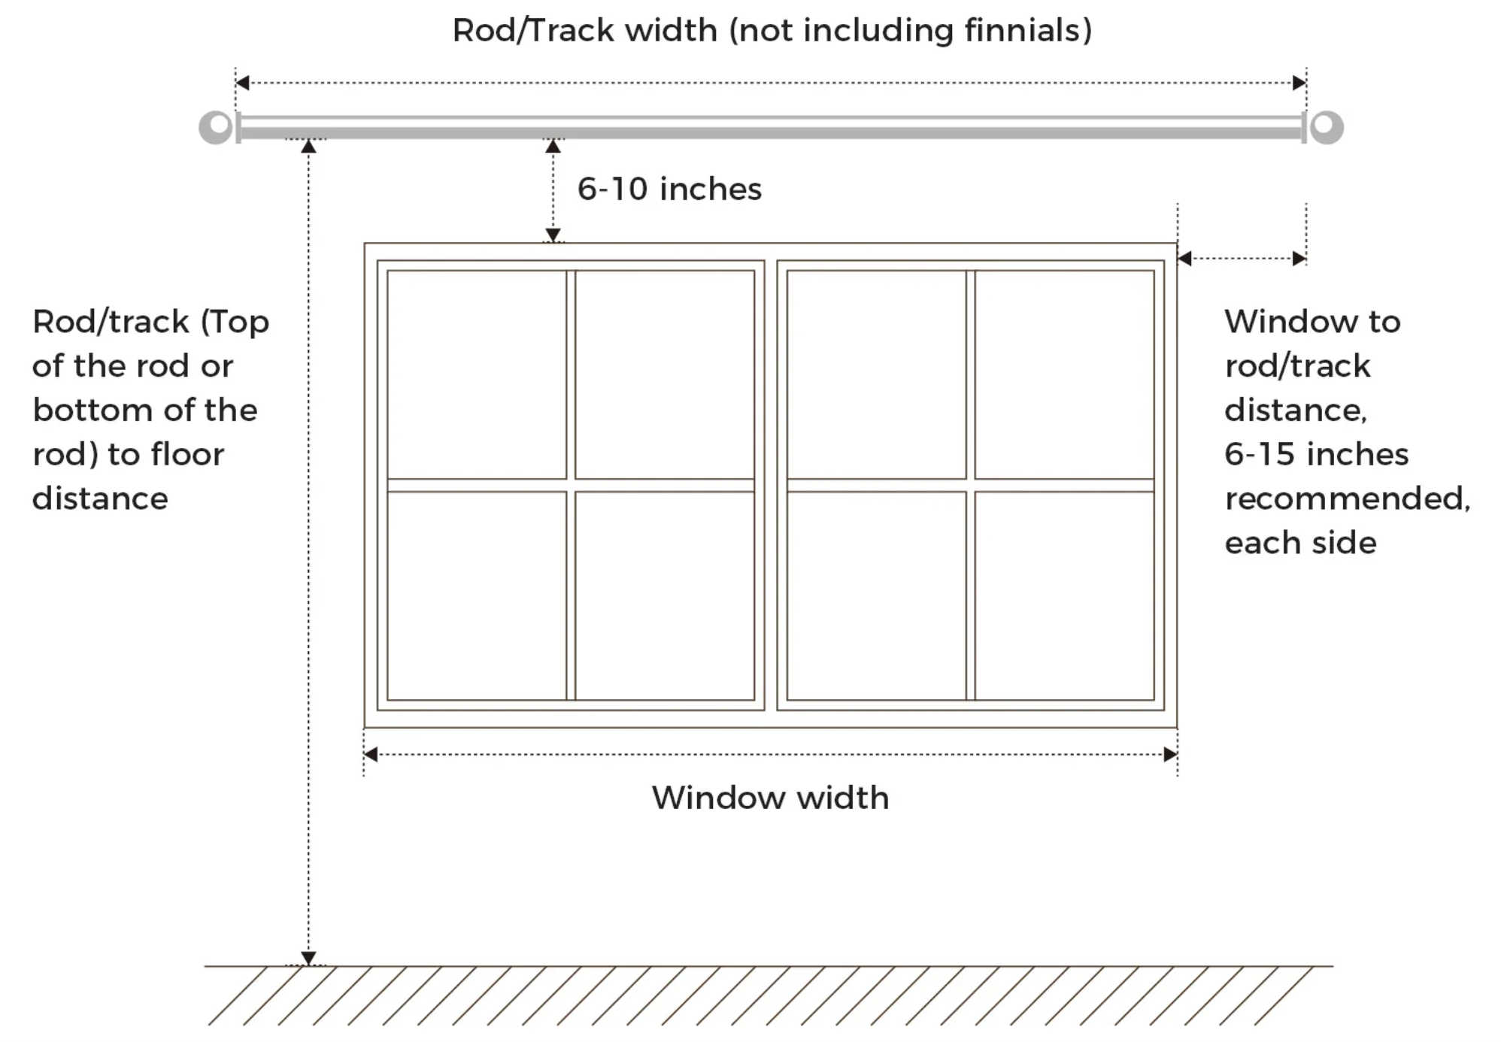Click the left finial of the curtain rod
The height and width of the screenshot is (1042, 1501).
click(x=216, y=127)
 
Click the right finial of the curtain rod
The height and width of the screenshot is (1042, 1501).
click(x=1326, y=127)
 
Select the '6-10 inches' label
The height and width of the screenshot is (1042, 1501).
click(x=669, y=189)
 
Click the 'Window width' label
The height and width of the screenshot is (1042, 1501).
click(x=770, y=798)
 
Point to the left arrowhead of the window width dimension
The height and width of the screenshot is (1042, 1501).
click(x=371, y=754)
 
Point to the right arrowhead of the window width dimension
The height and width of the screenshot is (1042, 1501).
click(x=1170, y=754)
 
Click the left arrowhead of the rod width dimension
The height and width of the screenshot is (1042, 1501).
click(x=242, y=83)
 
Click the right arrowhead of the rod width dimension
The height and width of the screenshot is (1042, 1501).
click(x=1299, y=83)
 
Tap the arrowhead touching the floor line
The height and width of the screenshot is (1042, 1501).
click(x=308, y=959)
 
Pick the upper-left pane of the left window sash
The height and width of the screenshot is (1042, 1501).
click(x=477, y=374)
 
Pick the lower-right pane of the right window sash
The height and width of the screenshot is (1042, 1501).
click(x=1064, y=595)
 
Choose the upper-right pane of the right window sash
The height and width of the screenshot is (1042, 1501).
click(x=1064, y=374)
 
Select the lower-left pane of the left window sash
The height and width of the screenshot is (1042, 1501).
click(x=477, y=595)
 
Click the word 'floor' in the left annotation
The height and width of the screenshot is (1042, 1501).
click(x=187, y=454)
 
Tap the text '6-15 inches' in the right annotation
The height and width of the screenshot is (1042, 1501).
click(x=1316, y=454)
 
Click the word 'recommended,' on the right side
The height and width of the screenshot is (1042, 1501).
click(x=1348, y=498)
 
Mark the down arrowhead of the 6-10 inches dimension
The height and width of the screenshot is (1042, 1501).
click(x=553, y=235)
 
